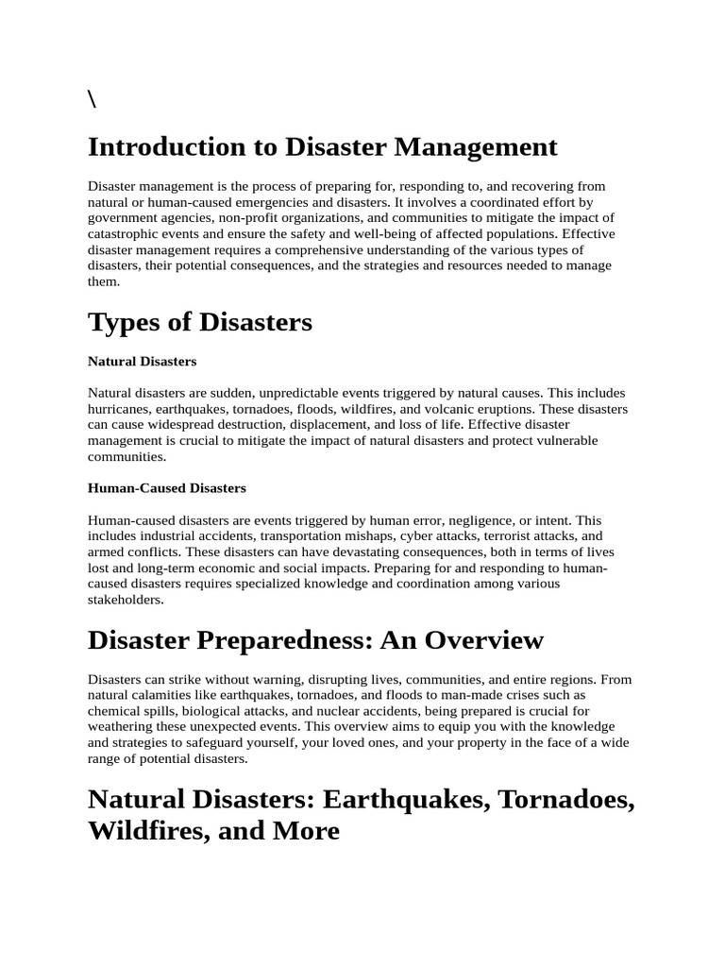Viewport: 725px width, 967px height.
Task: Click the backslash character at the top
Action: pos(92,101)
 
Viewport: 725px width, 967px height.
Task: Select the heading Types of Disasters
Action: pos(200,322)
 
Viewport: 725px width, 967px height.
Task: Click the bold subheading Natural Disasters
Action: pos(142,361)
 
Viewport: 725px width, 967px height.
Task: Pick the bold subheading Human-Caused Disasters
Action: pos(166,488)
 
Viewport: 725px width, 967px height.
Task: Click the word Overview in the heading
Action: pos(483,640)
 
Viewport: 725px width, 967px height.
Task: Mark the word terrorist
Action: pos(507,536)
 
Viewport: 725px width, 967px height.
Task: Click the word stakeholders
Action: pos(126,600)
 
